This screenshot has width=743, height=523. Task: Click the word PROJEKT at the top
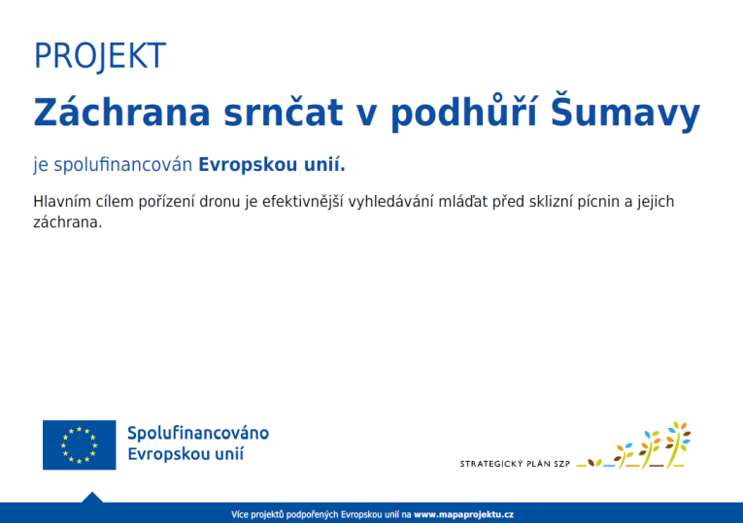(99, 56)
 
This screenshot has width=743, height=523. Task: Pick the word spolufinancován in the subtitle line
(121, 165)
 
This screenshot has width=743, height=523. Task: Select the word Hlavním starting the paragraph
(65, 202)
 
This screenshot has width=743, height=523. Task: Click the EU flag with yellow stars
(79, 444)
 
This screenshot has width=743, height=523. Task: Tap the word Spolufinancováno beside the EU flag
(198, 433)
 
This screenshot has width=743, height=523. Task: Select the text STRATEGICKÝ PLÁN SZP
(515, 464)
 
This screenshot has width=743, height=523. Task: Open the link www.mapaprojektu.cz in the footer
(464, 513)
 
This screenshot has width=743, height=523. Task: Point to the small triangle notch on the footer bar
(92, 498)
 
